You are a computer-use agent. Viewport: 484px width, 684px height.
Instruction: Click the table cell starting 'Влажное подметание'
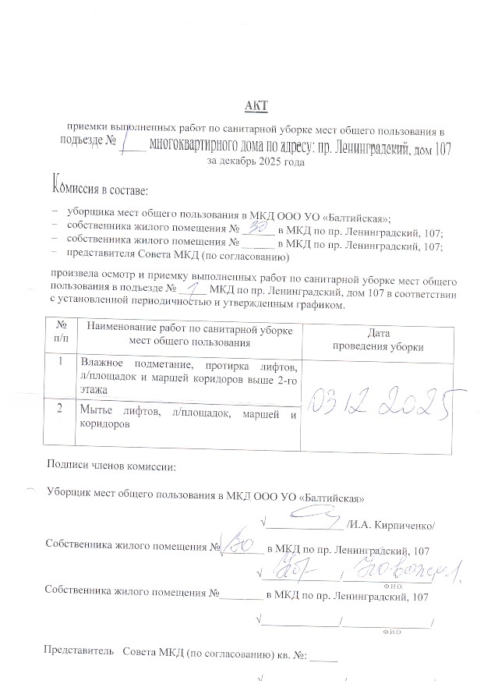[189, 375]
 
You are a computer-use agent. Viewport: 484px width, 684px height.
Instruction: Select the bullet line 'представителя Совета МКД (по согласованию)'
[178, 255]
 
